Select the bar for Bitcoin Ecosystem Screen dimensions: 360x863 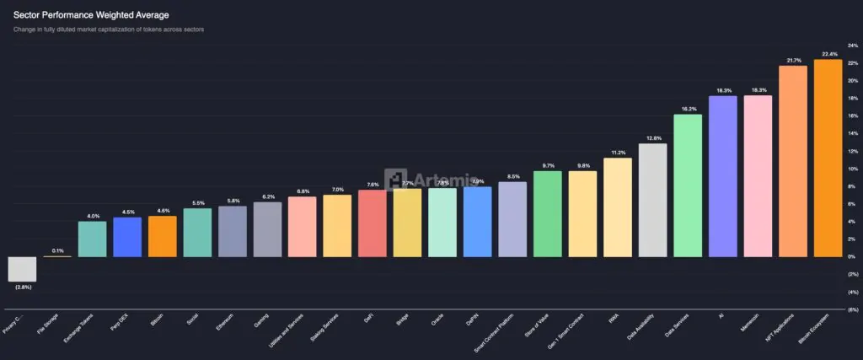tap(828, 158)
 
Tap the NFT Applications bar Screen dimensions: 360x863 tap(792, 161)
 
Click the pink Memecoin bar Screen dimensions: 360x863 tap(758, 176)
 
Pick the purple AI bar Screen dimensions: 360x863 tap(723, 176)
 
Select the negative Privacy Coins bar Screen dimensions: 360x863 tap(22, 269)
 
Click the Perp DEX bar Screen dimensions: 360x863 tap(127, 237)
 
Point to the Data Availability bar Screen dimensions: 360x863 tap(653, 200)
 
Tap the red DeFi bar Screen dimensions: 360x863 tap(373, 223)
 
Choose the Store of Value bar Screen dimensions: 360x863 tap(548, 214)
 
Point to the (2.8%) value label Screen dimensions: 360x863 tap(23, 287)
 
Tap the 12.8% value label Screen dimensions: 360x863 tap(653, 138)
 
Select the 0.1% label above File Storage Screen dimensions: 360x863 tap(57, 250)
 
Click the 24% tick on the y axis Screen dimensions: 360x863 tap(852, 46)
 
